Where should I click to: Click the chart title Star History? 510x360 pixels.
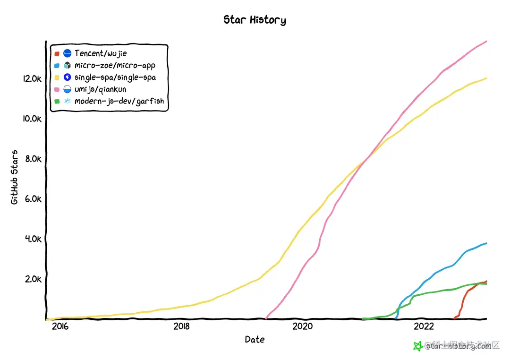pyautogui.click(x=255, y=20)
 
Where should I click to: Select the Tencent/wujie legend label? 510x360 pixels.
pyautogui.click(x=101, y=53)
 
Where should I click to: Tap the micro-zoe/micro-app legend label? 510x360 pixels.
pyautogui.click(x=115, y=65)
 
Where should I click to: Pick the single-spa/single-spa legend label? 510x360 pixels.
pyautogui.click(x=115, y=77)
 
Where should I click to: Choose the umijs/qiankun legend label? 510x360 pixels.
pyautogui.click(x=101, y=89)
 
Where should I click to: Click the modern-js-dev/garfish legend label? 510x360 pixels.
pyautogui.click(x=119, y=101)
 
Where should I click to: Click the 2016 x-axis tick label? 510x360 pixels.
pyautogui.click(x=60, y=326)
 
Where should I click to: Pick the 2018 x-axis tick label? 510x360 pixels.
pyautogui.click(x=182, y=326)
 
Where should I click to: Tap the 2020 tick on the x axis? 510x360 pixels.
pyautogui.click(x=303, y=326)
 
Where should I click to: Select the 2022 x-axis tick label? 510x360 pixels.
pyautogui.click(x=424, y=326)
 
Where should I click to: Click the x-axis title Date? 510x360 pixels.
pyautogui.click(x=255, y=339)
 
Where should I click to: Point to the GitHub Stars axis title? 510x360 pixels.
pyautogui.click(x=15, y=177)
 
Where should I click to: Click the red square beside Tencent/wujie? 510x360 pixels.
pyautogui.click(x=57, y=54)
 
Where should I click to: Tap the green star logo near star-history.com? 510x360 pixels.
pyautogui.click(x=417, y=346)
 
